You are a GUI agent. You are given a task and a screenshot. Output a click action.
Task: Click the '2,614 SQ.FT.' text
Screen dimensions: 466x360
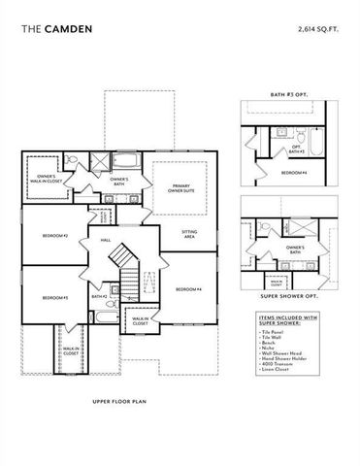click(319, 30)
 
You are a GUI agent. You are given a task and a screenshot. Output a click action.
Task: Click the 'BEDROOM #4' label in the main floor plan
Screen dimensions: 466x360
click(187, 289)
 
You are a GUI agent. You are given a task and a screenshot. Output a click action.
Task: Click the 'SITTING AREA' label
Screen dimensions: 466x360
click(189, 233)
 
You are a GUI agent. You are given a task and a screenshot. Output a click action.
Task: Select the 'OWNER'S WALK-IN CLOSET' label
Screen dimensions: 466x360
click(39, 179)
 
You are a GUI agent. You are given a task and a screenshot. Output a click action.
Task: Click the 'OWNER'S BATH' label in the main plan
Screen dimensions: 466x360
click(119, 182)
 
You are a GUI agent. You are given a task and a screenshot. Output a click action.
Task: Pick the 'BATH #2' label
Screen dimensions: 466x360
click(98, 296)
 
